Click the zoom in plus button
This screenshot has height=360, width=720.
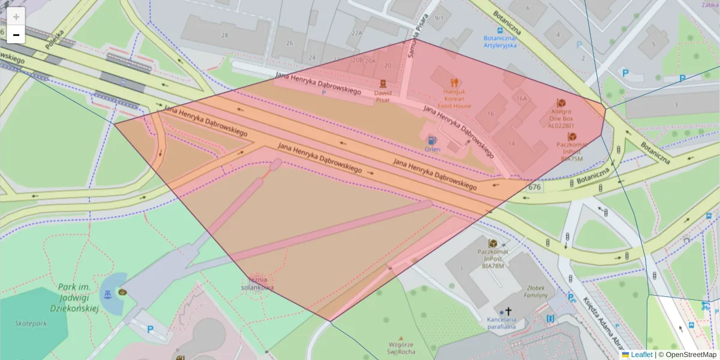point(16,16)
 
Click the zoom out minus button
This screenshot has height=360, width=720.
point(16,35)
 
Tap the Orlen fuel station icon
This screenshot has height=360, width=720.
point(432,139)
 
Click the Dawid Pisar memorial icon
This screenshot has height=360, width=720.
point(382,83)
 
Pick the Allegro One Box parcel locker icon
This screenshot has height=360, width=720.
point(561,103)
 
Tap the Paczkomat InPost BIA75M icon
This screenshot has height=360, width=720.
point(571,137)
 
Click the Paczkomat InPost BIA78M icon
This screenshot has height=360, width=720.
point(493,243)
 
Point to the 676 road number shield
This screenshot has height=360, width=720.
point(534,188)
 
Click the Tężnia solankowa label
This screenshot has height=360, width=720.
point(257,283)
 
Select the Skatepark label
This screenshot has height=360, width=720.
point(31,323)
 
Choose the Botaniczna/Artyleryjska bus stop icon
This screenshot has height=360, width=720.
point(500,29)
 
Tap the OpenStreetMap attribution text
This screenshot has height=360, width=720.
point(690,355)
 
